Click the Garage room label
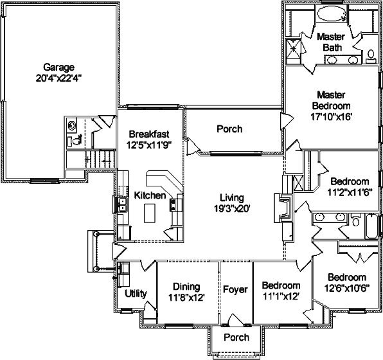(x=58, y=67)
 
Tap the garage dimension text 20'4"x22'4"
(x=58, y=78)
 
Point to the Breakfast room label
(x=149, y=134)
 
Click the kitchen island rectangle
(x=150, y=213)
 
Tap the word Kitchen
(x=150, y=195)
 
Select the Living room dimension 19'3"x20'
(x=232, y=208)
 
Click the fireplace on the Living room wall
(x=283, y=208)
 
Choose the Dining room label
(x=186, y=287)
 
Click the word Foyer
(x=235, y=290)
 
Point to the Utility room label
(x=136, y=294)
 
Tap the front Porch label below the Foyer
(x=236, y=337)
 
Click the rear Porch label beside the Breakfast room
(x=229, y=129)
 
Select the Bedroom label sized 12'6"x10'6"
(x=347, y=278)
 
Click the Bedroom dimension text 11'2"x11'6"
(x=350, y=193)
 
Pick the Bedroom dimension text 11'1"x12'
(x=281, y=296)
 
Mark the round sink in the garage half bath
(x=71, y=125)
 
